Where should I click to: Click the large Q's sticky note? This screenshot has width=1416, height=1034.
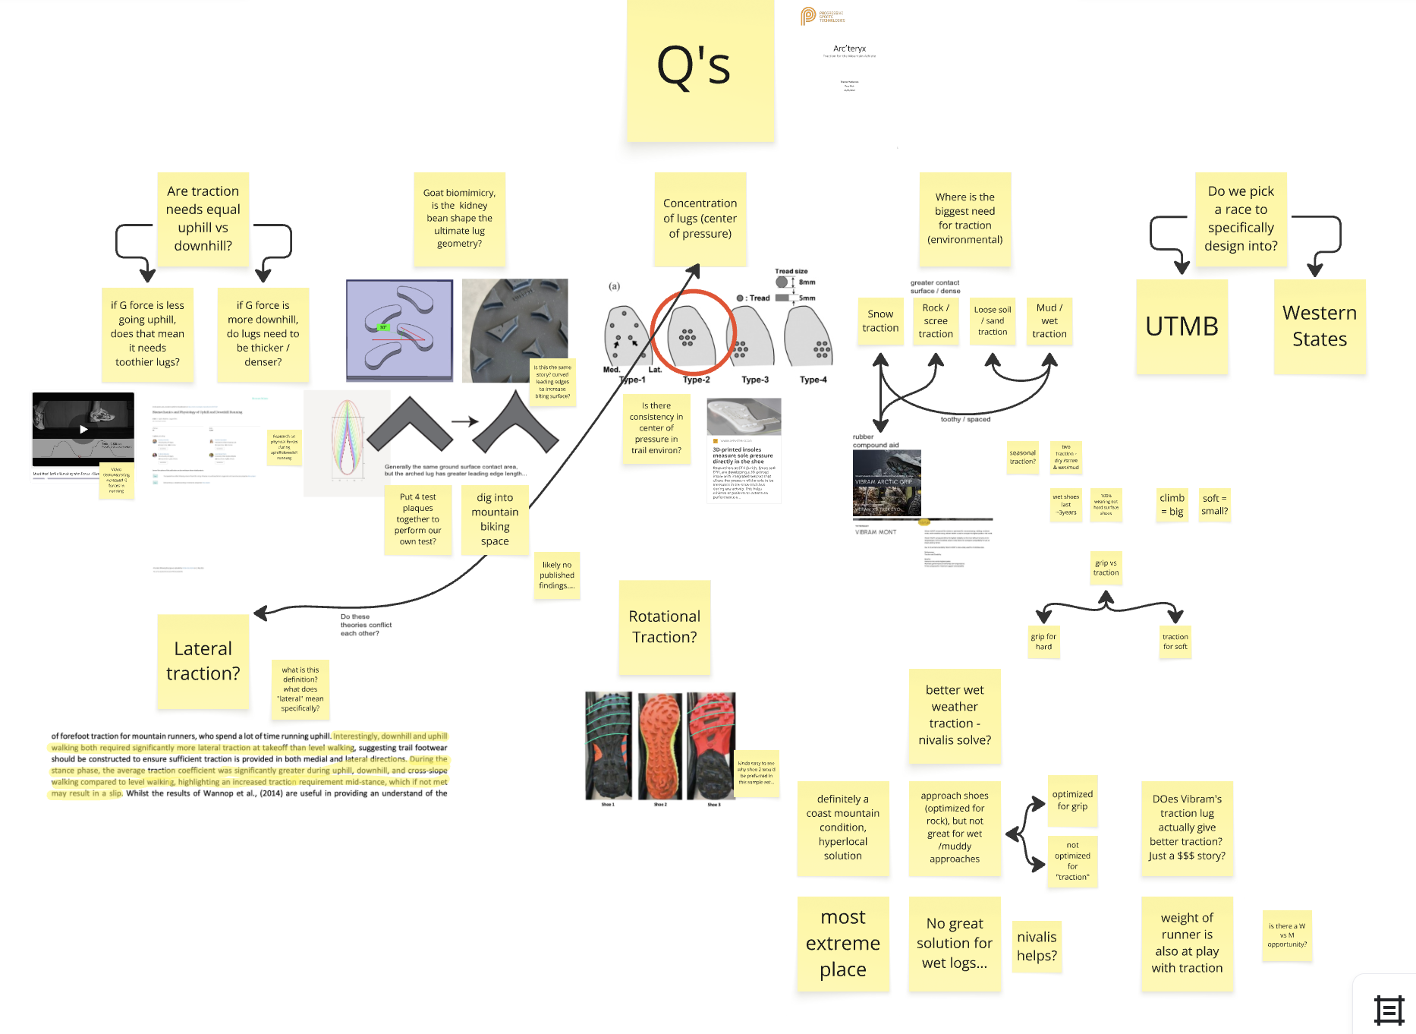click(x=700, y=70)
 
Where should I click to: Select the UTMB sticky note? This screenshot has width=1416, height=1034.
click(x=1182, y=326)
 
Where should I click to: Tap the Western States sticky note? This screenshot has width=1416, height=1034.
click(x=1320, y=326)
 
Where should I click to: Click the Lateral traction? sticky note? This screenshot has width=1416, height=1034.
click(x=203, y=661)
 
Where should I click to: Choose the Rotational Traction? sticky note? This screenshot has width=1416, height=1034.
click(x=664, y=627)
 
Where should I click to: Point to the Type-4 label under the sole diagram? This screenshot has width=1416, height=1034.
click(x=813, y=380)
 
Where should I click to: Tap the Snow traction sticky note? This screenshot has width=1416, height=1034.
click(x=880, y=321)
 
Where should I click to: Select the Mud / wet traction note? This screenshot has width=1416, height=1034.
click(x=1049, y=321)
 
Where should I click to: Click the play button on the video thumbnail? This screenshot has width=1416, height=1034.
click(x=83, y=429)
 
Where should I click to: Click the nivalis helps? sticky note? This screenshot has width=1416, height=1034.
click(x=1037, y=946)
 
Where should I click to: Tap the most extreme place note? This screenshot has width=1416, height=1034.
click(x=843, y=944)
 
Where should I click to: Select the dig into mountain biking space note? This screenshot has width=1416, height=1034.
click(x=495, y=519)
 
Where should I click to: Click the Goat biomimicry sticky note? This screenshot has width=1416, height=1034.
click(x=459, y=219)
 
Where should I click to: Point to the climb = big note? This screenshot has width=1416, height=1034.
click(x=1172, y=505)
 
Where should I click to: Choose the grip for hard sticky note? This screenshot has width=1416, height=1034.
click(x=1043, y=642)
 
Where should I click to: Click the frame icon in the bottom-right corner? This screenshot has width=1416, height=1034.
click(x=1389, y=1010)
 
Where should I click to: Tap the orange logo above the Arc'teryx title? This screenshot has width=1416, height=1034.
click(x=808, y=16)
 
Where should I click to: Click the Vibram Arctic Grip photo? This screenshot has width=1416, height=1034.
click(x=886, y=483)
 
